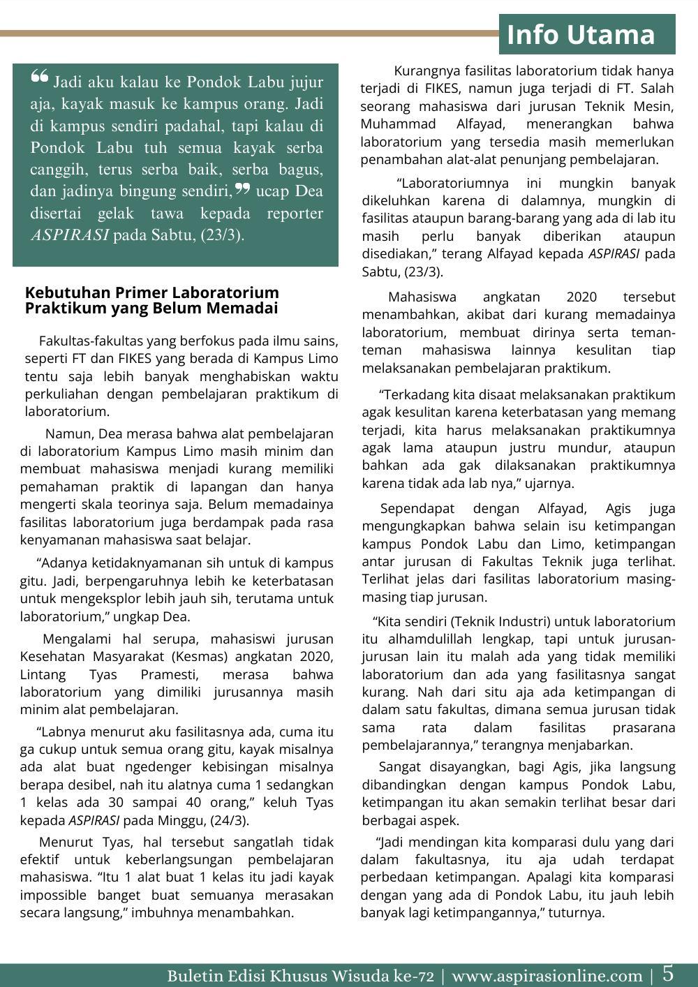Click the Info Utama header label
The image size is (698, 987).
pyautogui.click(x=581, y=34)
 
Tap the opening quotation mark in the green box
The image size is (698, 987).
pyautogui.click(x=40, y=77)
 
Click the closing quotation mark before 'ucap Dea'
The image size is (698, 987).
pyautogui.click(x=242, y=188)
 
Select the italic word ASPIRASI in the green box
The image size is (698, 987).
pyautogui.click(x=70, y=235)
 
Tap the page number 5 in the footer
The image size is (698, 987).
pyautogui.click(x=668, y=973)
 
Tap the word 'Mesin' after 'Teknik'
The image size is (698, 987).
pyautogui.click(x=654, y=107)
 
